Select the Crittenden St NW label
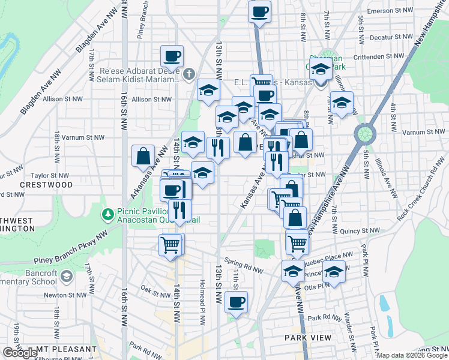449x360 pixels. point(379,56)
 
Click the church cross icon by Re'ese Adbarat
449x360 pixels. point(188,74)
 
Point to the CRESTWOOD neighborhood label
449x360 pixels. point(46,185)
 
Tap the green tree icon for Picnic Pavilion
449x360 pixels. point(108,214)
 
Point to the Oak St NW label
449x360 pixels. point(155,290)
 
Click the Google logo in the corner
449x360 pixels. point(19,353)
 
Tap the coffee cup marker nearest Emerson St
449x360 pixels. point(259,11)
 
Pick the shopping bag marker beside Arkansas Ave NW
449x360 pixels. point(143,156)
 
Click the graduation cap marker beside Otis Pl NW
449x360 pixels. point(333,272)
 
